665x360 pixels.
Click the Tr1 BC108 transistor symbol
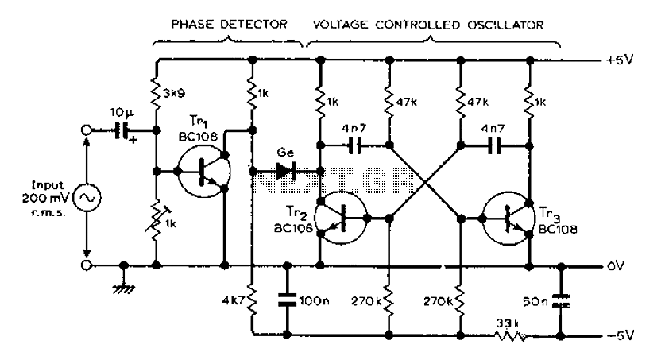click(x=204, y=172)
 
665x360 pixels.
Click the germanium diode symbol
click(x=285, y=172)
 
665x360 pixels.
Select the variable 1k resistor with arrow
click(x=156, y=219)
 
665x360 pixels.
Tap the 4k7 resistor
click(x=253, y=300)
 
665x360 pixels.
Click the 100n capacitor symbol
click(x=287, y=300)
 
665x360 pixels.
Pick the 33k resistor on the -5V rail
click(x=510, y=336)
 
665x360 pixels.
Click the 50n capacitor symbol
click(x=561, y=300)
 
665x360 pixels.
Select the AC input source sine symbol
click(x=87, y=198)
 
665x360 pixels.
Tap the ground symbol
click(x=124, y=289)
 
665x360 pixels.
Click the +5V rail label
click(x=620, y=60)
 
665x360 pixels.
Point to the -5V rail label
click(x=620, y=335)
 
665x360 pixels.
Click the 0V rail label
click(x=616, y=266)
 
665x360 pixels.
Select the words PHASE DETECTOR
click(x=229, y=24)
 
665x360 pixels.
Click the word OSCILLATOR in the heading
click(x=505, y=25)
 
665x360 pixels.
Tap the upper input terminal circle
click(x=86, y=130)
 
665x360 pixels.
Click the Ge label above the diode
click(x=285, y=153)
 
